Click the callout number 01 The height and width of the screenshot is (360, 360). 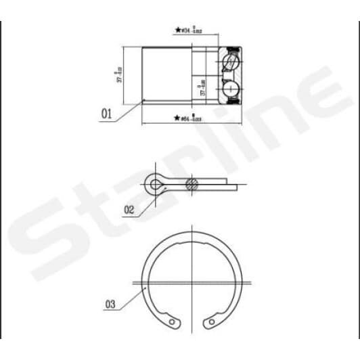pos(106,114)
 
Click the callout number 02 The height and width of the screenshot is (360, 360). pos(129,210)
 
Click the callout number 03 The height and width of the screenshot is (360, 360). pos(110,305)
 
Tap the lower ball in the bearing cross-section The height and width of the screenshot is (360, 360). pos(230,88)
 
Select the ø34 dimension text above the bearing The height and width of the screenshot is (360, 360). pos(193,30)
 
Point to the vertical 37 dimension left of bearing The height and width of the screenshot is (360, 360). pos(120,74)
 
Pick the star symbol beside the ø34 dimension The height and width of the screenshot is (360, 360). pos(178,30)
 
